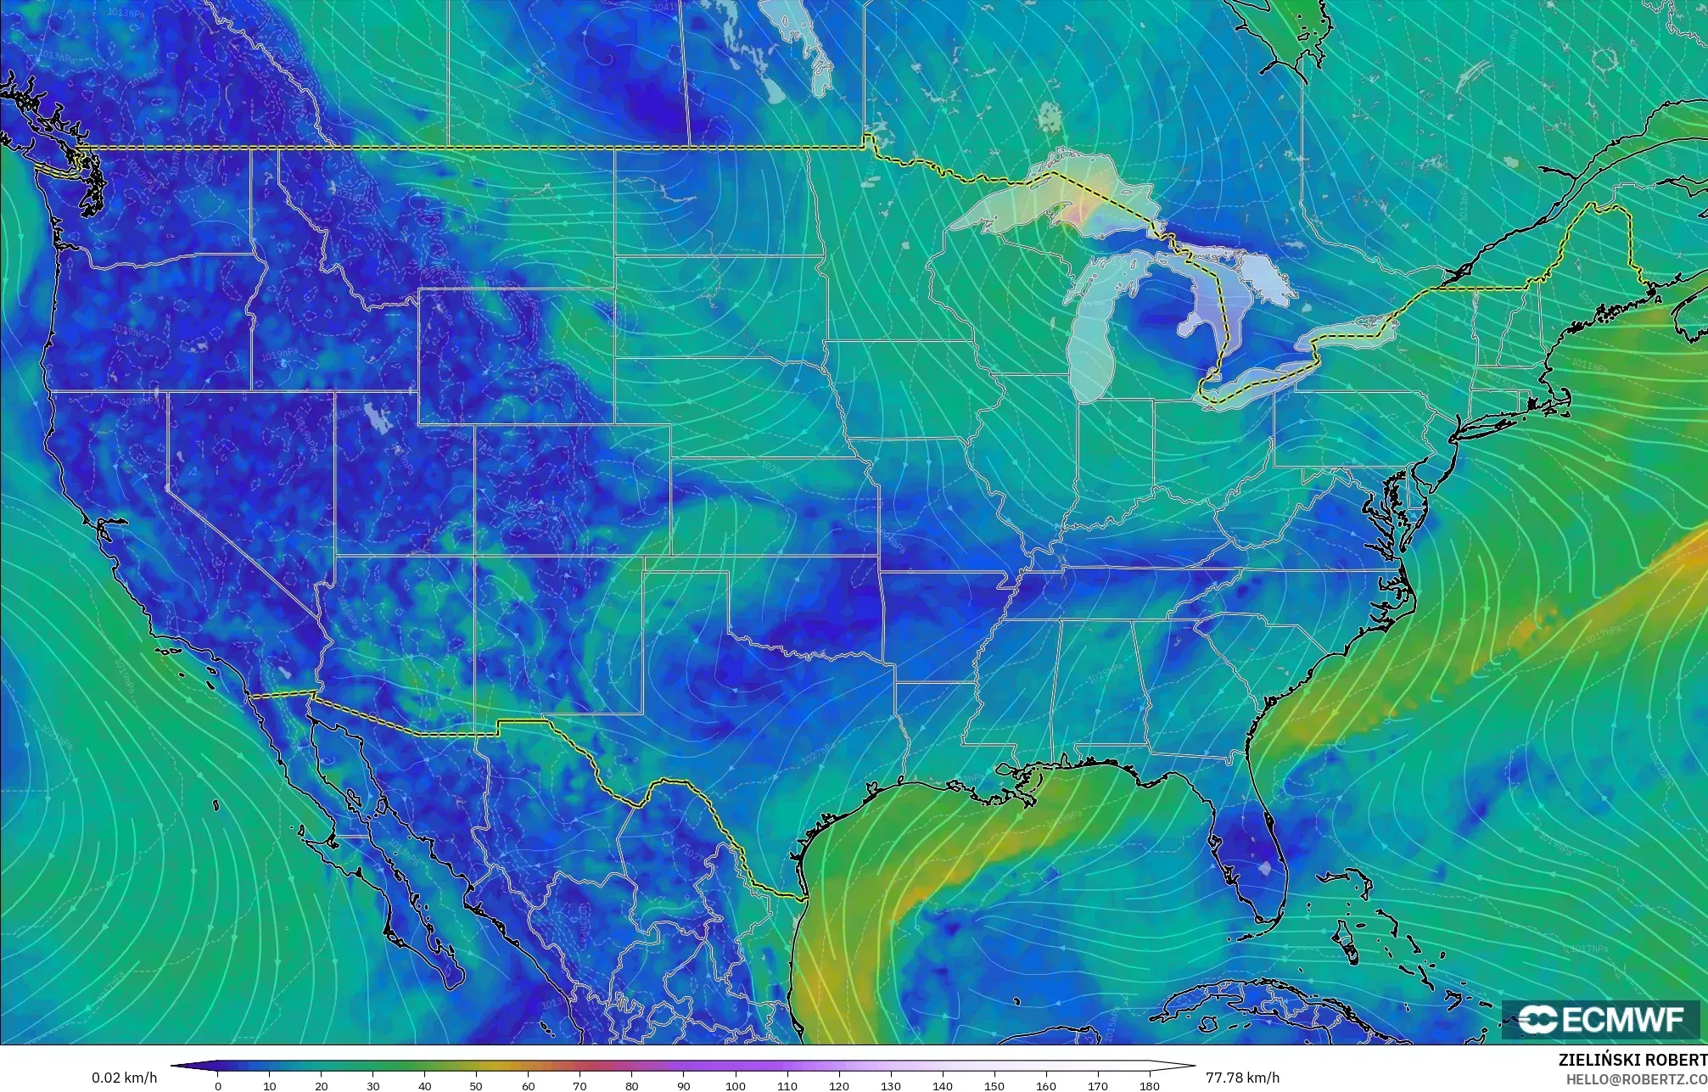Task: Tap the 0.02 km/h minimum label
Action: click(x=124, y=1078)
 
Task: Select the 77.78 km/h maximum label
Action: click(x=1242, y=1078)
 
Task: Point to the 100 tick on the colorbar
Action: click(x=735, y=1086)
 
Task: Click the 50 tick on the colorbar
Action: click(x=476, y=1086)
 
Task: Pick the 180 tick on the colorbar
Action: click(x=1149, y=1086)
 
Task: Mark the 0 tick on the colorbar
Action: click(x=218, y=1086)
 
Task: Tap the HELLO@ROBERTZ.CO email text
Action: click(x=1636, y=1079)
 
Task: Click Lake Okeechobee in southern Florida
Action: click(x=1266, y=867)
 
